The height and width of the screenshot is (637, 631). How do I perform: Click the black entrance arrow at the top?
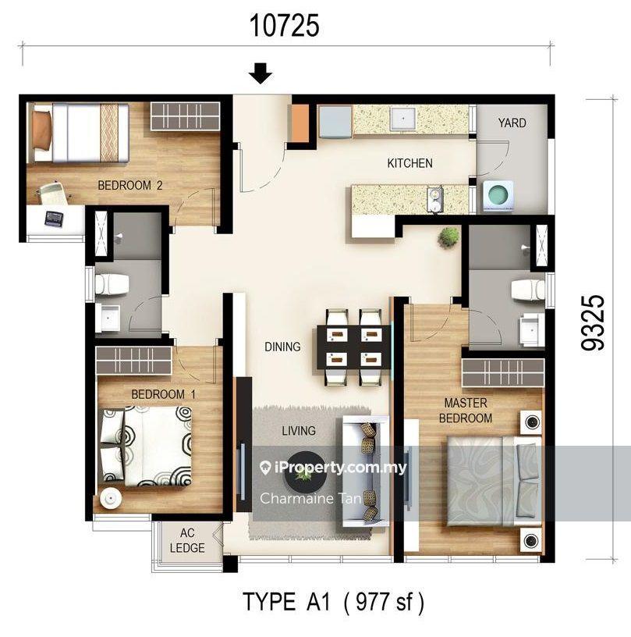pos(260,73)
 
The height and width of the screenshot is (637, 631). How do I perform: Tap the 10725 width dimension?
pos(284,26)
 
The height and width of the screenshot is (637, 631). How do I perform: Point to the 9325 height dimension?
pos(593,323)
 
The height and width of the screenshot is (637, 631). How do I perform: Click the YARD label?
pos(512,123)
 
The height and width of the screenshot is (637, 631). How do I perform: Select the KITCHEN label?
pos(409,163)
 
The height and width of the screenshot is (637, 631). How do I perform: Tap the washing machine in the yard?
pos(498,196)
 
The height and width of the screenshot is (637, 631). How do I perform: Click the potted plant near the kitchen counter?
pos(448,237)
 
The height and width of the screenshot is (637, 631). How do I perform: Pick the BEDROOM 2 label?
pos(129,186)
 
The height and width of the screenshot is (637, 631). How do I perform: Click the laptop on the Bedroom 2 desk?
pos(54,219)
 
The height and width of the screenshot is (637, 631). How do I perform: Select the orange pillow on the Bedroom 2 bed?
pos(41,130)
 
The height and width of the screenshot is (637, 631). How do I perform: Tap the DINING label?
pos(282,347)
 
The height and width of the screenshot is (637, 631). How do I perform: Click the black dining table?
pos(353,347)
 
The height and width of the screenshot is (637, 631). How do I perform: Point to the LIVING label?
pos(299,431)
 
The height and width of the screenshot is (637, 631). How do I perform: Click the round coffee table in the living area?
pos(305,472)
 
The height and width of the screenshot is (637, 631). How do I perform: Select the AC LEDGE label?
pos(187,540)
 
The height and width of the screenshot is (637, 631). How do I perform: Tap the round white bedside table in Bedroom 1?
pos(111,497)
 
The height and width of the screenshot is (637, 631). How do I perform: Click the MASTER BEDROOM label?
pos(466,411)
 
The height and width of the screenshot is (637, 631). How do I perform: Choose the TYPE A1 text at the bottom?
pos(286,602)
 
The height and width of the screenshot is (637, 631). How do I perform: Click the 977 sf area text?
pos(384,602)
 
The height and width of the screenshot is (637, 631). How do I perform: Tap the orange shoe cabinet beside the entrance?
pos(300,123)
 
